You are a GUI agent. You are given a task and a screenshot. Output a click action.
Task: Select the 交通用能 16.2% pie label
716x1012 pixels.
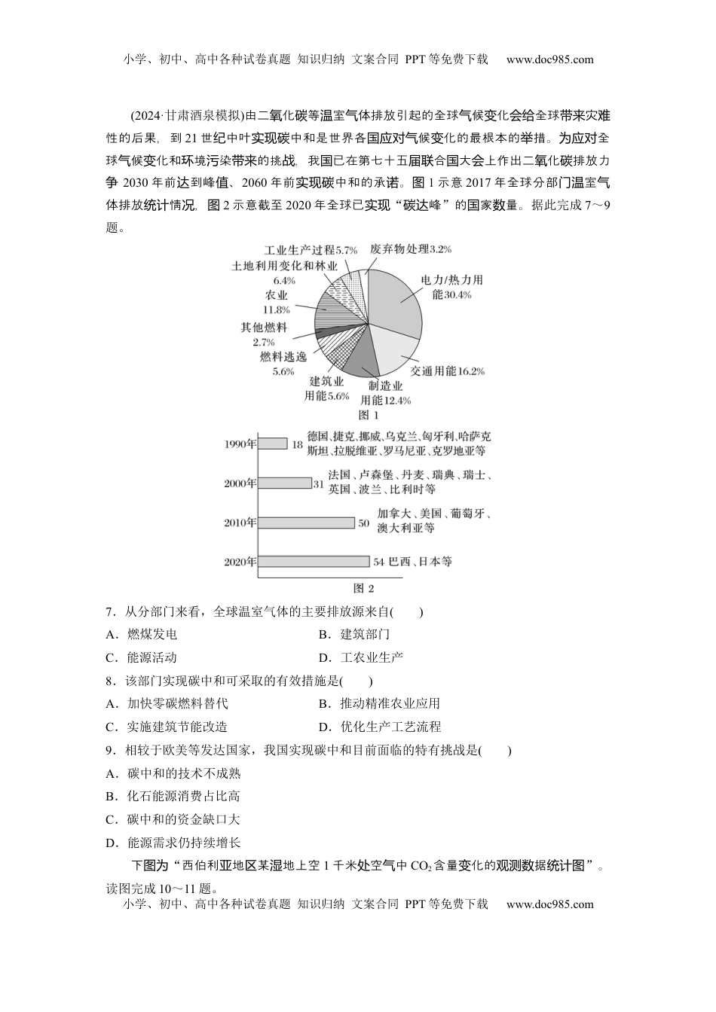(x=447, y=370)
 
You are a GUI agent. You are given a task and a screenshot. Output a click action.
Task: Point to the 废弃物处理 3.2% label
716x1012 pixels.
(x=411, y=248)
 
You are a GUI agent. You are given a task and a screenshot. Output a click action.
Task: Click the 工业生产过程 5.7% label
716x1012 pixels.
(x=311, y=250)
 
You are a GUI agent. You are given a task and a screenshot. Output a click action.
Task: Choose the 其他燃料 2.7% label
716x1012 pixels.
(x=264, y=334)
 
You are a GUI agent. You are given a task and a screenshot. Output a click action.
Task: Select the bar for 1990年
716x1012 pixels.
(x=272, y=444)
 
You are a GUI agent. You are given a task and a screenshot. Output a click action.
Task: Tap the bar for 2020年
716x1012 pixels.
(x=314, y=561)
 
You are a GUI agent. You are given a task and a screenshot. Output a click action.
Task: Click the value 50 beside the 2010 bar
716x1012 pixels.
(x=364, y=523)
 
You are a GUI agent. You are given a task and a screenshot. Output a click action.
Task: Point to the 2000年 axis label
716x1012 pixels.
(x=240, y=483)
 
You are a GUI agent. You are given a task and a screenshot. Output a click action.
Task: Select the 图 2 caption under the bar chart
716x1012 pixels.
(x=364, y=588)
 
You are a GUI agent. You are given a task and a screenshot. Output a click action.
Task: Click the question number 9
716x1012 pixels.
(x=110, y=750)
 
